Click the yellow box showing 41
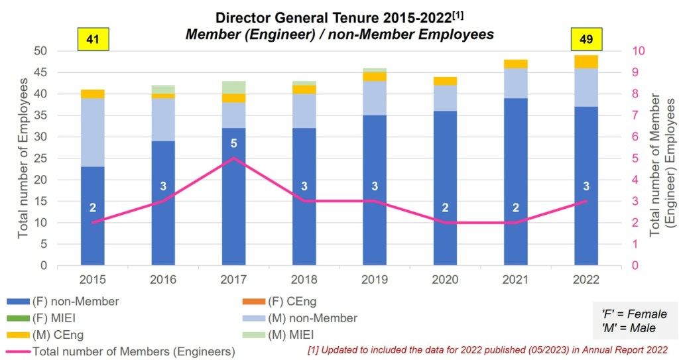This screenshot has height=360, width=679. point(93,39)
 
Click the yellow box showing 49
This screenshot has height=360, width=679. point(586,39)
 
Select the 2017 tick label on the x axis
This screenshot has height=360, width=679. point(233,280)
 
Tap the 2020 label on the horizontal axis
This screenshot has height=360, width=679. point(445,280)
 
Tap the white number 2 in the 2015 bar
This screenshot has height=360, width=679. point(93,208)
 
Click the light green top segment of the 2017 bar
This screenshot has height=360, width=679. point(233,87)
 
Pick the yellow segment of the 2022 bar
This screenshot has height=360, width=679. point(586,62)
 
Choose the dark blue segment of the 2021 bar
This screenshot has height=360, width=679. point(515,182)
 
